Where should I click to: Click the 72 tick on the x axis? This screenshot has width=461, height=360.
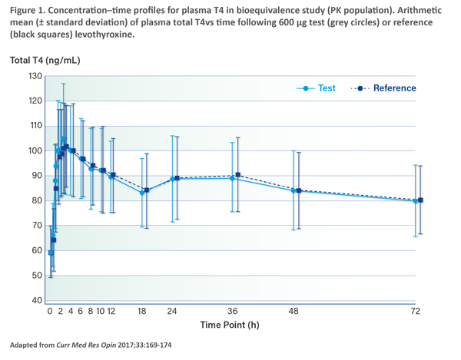tap(416, 312)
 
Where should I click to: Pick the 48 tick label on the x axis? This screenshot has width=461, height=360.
tap(293, 312)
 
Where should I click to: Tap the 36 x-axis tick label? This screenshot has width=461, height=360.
tap(231, 312)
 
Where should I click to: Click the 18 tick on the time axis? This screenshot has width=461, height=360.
tap(141, 312)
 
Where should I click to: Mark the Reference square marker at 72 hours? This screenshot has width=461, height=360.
tap(420, 200)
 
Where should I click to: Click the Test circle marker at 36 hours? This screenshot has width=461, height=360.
tap(232, 178)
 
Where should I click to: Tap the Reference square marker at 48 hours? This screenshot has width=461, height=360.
tap(299, 190)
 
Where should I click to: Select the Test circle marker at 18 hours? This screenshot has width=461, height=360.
tap(141, 192)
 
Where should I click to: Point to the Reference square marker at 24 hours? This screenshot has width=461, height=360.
tap(177, 178)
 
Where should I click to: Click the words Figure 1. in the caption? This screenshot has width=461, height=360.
tap(31, 9)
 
